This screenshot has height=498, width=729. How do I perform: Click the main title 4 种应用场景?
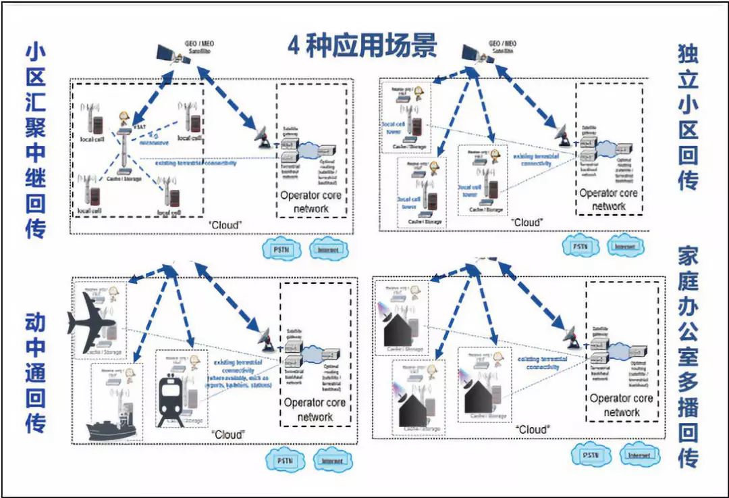point(362,46)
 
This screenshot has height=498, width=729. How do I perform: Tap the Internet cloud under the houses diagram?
point(639,456)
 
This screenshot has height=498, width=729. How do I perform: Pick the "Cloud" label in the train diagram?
point(227,434)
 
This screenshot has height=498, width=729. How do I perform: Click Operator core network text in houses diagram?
point(621,405)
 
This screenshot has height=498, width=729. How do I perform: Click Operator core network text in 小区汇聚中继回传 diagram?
point(311,201)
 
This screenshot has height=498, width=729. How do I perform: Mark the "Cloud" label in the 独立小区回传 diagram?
point(526,222)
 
